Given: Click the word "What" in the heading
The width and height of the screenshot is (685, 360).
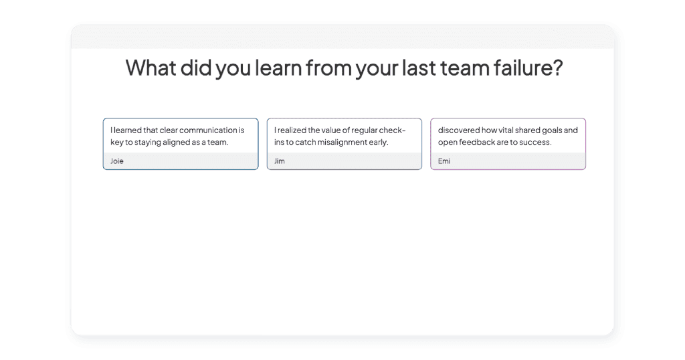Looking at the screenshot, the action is pos(151,68).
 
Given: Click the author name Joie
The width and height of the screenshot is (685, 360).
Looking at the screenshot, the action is pos(116,161).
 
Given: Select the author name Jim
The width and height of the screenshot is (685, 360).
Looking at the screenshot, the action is pos(280,161).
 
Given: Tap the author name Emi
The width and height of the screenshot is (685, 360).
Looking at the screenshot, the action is pos(444,161).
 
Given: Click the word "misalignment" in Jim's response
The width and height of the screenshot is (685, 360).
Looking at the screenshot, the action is pos(345,143).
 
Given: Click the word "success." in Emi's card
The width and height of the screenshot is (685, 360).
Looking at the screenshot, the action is pos(535,143).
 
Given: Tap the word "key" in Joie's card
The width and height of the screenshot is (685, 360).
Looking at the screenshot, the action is pos(116,143).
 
